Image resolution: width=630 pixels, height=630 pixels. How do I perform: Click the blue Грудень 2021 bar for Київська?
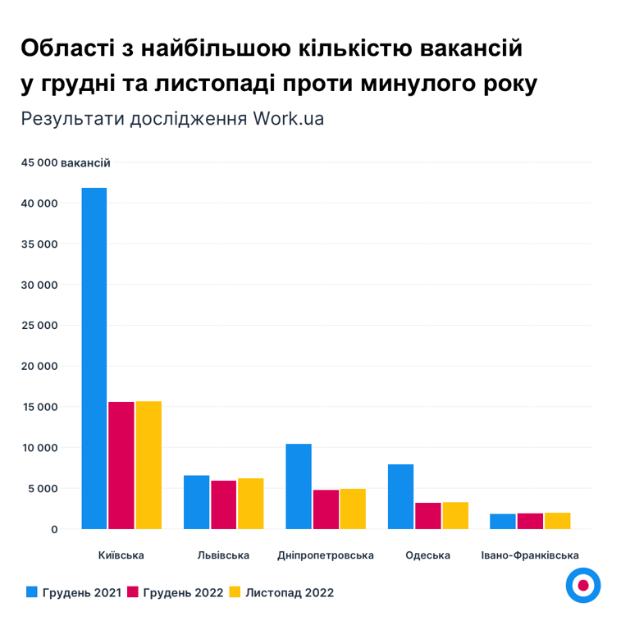coord(94,358)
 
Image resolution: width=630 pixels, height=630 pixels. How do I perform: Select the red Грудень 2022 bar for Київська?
coord(121,465)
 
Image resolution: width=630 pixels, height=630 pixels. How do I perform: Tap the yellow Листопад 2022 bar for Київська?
coord(148,465)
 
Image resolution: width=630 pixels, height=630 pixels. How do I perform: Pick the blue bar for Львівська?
coord(196,502)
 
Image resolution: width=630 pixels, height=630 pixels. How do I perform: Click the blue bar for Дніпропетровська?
coord(299,486)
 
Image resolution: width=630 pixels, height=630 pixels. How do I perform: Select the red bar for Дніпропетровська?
coord(326,509)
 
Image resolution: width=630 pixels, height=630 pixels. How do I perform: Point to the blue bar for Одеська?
coord(400,496)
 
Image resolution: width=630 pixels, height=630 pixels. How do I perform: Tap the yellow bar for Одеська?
coord(455,515)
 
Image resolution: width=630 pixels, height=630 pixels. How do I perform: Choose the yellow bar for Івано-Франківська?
coord(557,521)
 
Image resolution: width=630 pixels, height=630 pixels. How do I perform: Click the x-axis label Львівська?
coord(223,555)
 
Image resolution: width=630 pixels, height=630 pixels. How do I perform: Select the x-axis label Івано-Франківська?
coord(531,555)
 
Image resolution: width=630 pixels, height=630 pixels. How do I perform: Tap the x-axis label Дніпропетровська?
coord(326,555)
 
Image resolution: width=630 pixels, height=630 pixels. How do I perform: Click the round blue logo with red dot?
coord(583,585)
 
